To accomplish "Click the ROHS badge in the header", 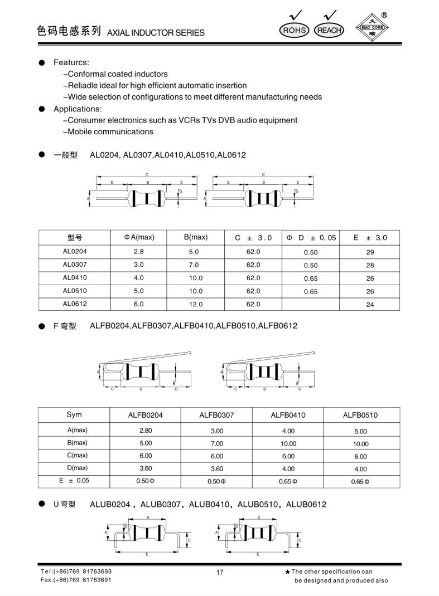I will [x=294, y=30].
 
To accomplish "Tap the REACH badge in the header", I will [x=329, y=30].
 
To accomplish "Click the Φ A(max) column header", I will [x=139, y=237].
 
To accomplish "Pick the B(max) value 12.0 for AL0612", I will [x=196, y=304].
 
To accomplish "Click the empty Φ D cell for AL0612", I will [x=311, y=304].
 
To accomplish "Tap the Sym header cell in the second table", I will [x=74, y=415].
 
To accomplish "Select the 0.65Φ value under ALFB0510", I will [x=360, y=482].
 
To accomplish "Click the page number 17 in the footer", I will [x=219, y=573].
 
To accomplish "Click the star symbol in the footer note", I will [x=287, y=572].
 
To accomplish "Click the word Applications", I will [x=78, y=109].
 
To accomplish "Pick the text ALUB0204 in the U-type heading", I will [x=110, y=504].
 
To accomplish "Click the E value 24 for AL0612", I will [x=370, y=304].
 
